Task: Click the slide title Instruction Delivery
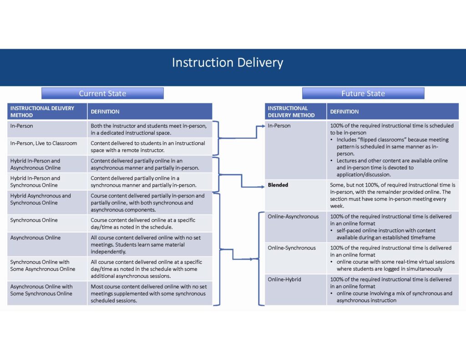(x=228, y=63)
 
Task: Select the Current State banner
(x=102, y=93)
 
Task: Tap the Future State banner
(x=363, y=93)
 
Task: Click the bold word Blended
(x=278, y=185)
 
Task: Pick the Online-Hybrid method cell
(x=295, y=289)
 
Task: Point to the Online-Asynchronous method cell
(x=295, y=227)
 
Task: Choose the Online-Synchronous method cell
(x=295, y=259)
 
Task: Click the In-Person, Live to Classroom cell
(x=47, y=146)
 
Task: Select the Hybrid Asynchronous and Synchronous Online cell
(x=47, y=203)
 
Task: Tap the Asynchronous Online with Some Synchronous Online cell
(x=47, y=293)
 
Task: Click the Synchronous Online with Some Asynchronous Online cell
(x=47, y=269)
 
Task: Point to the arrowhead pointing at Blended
(x=263, y=187)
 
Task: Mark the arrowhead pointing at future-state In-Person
(x=263, y=126)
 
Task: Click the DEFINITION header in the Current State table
(x=105, y=112)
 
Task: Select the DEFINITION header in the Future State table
(x=344, y=112)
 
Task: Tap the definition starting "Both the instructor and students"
(x=149, y=129)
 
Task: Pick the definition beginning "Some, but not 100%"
(x=393, y=195)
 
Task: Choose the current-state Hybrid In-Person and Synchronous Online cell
(x=47, y=182)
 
